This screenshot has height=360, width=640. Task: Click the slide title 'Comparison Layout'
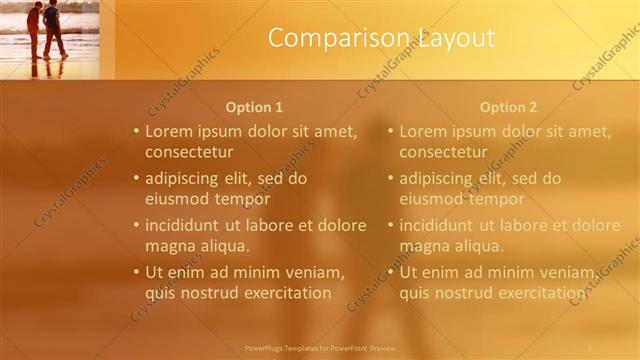point(381,39)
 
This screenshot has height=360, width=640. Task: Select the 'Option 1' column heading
point(254,107)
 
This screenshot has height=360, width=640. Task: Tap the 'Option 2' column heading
point(508,107)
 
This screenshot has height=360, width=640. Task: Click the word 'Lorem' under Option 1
point(169,131)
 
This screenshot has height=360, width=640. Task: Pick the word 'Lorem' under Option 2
point(423,131)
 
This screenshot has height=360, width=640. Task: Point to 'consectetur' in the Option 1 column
point(189,152)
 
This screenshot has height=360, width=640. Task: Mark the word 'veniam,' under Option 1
point(315,273)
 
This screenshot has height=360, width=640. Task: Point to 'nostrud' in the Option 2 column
point(458,293)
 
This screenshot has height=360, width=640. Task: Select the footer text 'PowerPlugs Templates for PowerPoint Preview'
point(320,348)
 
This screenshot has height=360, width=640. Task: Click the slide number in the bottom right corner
point(590,348)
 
